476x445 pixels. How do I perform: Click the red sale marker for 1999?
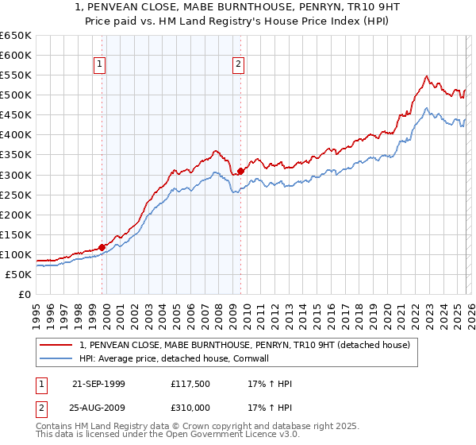[102, 247]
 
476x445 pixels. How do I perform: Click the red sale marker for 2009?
[240, 170]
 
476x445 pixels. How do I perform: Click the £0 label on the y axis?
[24, 294]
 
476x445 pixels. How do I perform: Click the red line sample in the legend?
[56, 345]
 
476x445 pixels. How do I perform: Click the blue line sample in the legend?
[56, 358]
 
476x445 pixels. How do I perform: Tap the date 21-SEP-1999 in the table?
[98, 384]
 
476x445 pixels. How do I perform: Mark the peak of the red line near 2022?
[427, 76]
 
